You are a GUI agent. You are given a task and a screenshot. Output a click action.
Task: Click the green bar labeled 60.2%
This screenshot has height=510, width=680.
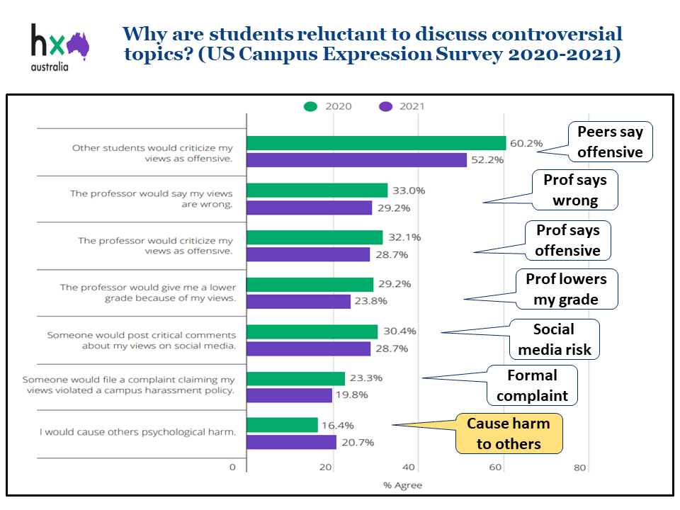click(x=375, y=143)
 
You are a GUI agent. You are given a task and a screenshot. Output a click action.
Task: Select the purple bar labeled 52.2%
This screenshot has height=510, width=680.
click(x=356, y=160)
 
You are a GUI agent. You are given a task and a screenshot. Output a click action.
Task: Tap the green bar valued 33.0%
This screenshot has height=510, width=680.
click(x=317, y=191)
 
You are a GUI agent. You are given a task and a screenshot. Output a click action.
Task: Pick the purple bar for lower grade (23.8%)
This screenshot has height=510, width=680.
click(x=298, y=302)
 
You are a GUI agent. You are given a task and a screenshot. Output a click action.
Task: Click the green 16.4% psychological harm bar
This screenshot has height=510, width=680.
click(x=282, y=425)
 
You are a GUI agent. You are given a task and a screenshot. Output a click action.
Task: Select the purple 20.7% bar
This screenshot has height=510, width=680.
click(x=291, y=442)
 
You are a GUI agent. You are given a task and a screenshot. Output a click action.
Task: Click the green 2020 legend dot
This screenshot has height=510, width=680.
click(x=310, y=107)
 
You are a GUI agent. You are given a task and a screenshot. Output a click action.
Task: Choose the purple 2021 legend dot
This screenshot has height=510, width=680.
click(x=385, y=107)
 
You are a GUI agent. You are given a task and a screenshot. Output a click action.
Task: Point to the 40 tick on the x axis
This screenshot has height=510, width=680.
click(x=409, y=467)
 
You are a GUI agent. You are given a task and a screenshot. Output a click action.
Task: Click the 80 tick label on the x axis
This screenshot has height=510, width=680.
click(x=580, y=467)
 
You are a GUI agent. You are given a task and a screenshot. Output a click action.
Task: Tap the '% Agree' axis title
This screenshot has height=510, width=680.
click(x=402, y=485)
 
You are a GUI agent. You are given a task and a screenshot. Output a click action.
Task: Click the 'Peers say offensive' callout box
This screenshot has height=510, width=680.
click(x=610, y=142)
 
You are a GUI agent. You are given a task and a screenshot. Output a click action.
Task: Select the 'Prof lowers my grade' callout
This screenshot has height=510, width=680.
click(x=566, y=289)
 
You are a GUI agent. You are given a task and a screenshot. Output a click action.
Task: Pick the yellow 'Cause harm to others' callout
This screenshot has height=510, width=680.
click(x=509, y=433)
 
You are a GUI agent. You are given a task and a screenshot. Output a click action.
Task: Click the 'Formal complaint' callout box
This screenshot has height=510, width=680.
click(x=532, y=385)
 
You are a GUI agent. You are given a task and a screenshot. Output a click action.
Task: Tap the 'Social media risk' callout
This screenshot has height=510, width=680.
click(x=554, y=339)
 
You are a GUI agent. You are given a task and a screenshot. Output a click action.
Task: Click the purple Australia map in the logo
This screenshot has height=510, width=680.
click(x=77, y=45)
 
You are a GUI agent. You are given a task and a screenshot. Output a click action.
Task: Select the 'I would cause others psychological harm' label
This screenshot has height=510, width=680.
click(x=137, y=431)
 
